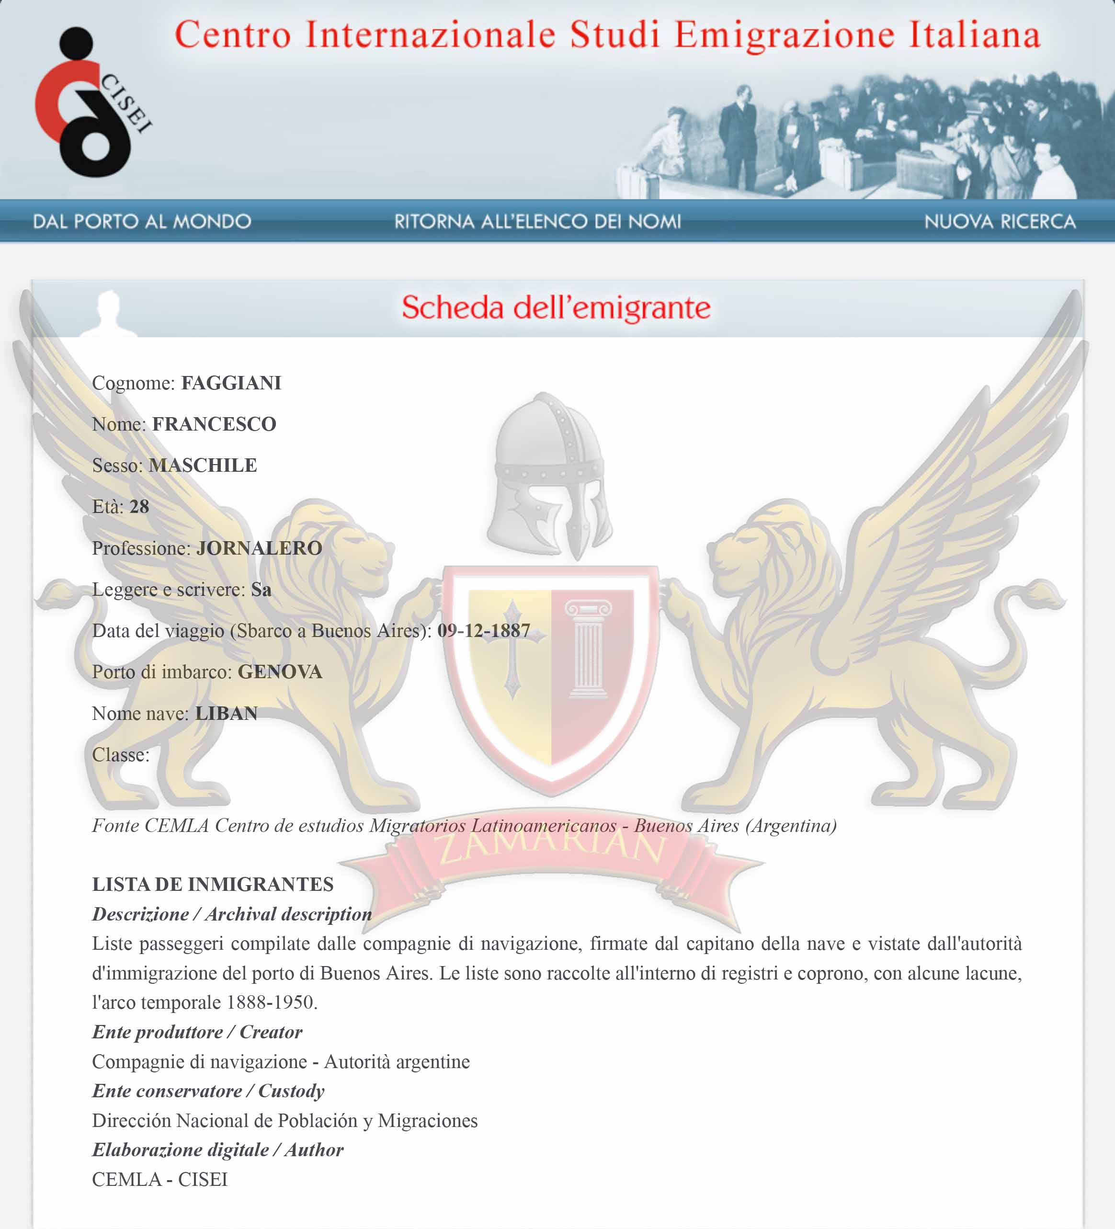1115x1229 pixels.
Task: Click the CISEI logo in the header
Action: tap(91, 102)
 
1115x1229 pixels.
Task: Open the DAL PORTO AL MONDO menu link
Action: tap(142, 221)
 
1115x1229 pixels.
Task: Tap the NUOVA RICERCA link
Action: tap(999, 221)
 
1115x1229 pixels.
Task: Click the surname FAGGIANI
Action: tap(231, 383)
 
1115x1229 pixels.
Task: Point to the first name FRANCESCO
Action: tap(214, 424)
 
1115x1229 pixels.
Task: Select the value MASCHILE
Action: tap(203, 465)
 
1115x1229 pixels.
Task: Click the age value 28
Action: tap(139, 507)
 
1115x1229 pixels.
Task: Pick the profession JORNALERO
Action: tap(259, 548)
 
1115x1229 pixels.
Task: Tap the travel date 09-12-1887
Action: tap(483, 630)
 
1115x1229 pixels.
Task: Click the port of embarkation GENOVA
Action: tap(280, 672)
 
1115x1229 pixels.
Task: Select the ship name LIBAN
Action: tap(226, 713)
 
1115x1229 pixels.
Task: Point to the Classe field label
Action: tap(121, 755)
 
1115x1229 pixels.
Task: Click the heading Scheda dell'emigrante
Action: tap(556, 307)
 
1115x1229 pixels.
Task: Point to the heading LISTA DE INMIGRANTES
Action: tap(213, 885)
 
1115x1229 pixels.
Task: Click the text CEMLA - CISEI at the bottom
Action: tap(159, 1180)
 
